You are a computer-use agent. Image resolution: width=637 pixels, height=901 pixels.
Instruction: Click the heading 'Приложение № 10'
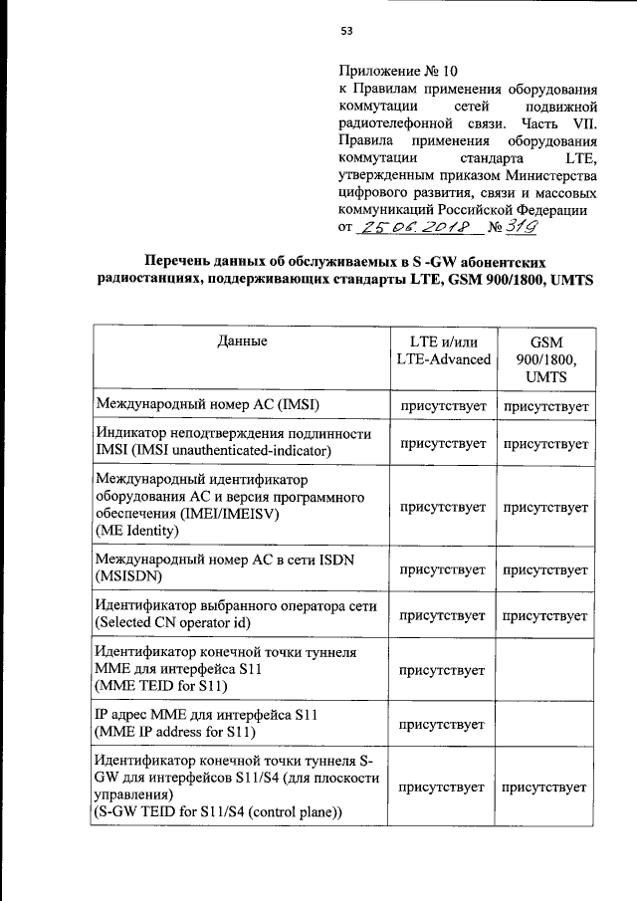(x=399, y=71)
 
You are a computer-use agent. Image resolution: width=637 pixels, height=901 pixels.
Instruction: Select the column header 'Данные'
(x=241, y=341)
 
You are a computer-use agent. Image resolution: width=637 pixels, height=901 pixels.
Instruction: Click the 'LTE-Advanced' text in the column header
(x=443, y=359)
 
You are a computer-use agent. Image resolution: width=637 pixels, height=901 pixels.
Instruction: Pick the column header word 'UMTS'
(x=545, y=377)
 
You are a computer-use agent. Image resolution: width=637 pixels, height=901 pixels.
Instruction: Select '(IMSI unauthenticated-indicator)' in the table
(x=212, y=451)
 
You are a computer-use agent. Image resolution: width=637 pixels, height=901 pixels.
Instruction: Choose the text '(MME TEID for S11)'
(x=162, y=687)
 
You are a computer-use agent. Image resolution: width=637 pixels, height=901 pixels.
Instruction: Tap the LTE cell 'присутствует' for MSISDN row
(x=443, y=569)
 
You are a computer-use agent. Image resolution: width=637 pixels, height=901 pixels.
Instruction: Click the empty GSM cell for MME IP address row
(x=545, y=725)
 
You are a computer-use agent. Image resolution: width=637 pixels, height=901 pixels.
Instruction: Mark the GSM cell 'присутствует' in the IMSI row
(x=545, y=406)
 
